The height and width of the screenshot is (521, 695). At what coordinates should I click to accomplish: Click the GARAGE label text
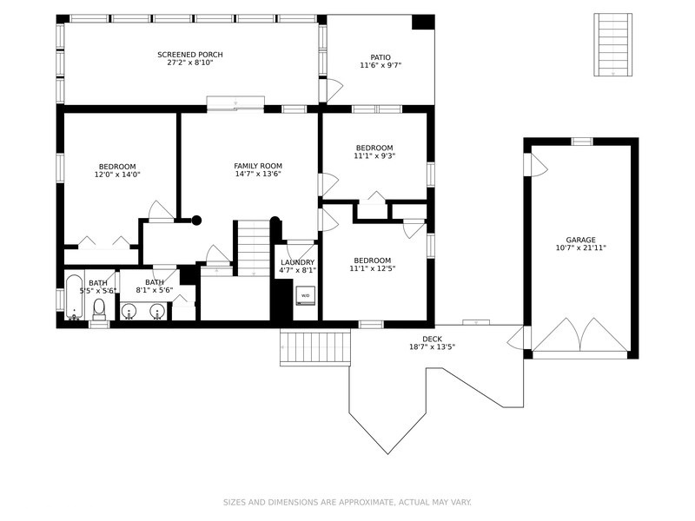point(580,240)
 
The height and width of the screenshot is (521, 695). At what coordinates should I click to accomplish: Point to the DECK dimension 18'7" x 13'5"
point(432,347)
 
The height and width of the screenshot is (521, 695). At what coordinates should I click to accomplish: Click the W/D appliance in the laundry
point(305,297)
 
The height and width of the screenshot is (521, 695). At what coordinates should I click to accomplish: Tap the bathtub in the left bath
point(74,296)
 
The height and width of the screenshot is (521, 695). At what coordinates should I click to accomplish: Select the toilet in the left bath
point(99,308)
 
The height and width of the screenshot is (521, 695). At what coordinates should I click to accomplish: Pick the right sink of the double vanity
point(158,310)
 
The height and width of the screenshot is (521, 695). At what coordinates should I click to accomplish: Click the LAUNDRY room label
point(297,262)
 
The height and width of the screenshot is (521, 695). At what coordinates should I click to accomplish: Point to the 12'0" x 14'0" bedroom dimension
point(117,175)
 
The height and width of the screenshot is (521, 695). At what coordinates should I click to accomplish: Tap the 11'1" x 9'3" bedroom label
point(374,156)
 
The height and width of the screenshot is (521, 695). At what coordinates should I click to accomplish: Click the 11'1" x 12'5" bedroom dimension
point(372,269)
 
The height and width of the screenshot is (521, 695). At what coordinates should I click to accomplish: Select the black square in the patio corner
point(423,23)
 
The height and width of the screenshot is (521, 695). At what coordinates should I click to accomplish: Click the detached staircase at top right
point(612,44)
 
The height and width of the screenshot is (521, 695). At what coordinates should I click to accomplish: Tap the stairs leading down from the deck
point(315,347)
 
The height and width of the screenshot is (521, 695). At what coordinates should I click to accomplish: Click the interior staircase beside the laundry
point(254,247)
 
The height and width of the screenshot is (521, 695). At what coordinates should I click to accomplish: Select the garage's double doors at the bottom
point(579,334)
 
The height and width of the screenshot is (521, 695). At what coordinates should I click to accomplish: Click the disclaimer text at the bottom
point(347,502)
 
